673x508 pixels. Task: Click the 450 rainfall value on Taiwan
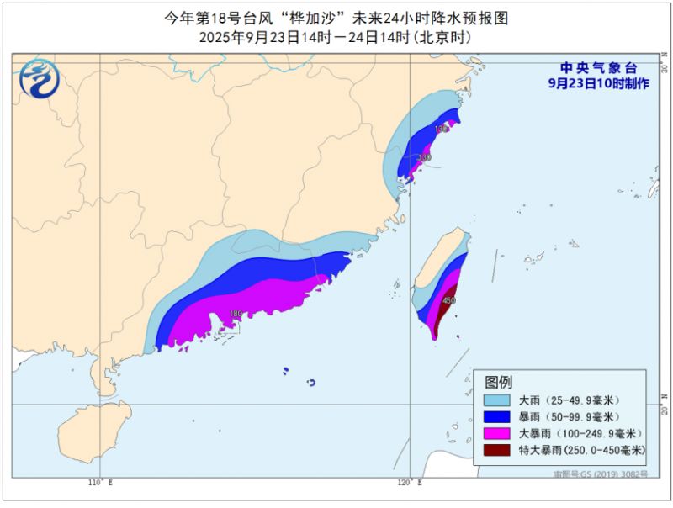[x=449, y=300]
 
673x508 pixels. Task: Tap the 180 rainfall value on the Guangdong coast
[x=236, y=314]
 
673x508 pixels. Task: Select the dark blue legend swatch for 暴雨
[x=497, y=417]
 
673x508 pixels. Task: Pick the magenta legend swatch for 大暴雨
[x=497, y=434]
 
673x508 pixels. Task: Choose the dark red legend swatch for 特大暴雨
[x=497, y=451]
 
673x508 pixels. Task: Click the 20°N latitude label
[x=665, y=409]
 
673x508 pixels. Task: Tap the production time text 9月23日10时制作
[x=599, y=84]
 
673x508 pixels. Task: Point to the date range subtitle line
[x=336, y=38]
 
